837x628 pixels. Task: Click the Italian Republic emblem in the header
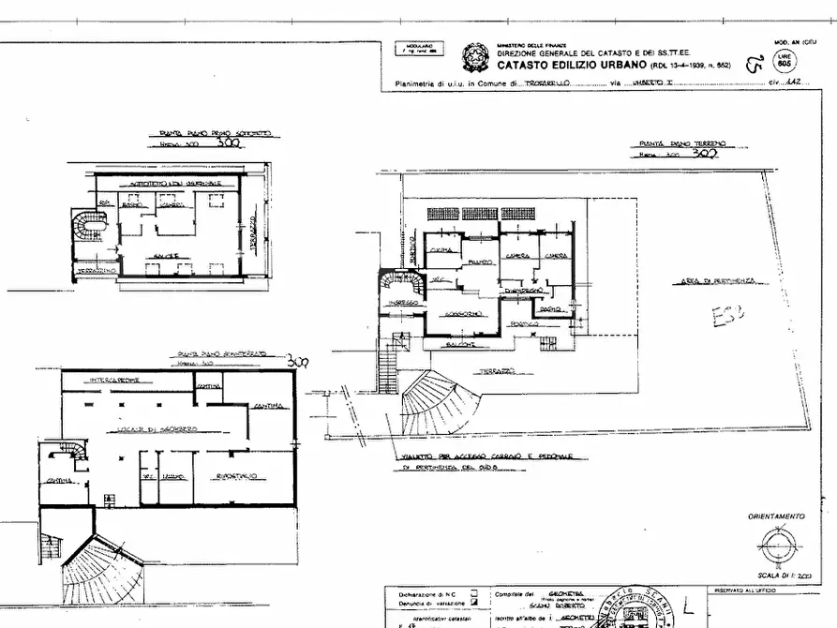click(x=474, y=58)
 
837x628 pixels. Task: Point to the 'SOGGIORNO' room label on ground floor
click(x=462, y=313)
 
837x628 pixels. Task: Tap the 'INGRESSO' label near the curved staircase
click(x=406, y=303)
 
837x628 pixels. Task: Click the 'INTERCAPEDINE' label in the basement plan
click(x=114, y=380)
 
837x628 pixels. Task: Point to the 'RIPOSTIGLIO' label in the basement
click(x=237, y=476)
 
